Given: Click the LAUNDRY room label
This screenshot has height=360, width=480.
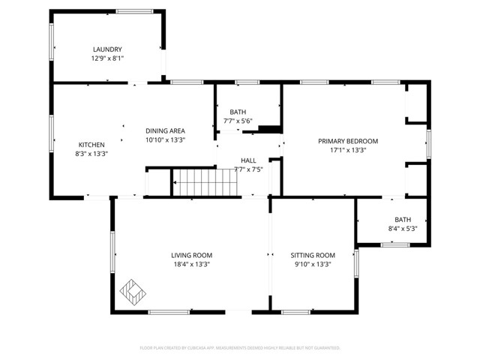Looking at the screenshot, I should pyautogui.click(x=107, y=49).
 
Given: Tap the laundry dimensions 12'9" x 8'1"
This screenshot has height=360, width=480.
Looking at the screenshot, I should pyautogui.click(x=107, y=58).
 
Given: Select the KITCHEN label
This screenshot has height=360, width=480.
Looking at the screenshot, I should pyautogui.click(x=91, y=145).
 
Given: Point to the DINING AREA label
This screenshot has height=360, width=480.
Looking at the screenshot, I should pyautogui.click(x=165, y=130).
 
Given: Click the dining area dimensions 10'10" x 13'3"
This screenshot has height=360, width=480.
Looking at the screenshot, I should pyautogui.click(x=165, y=139).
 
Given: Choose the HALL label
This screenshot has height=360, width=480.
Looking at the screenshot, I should pyautogui.click(x=248, y=160).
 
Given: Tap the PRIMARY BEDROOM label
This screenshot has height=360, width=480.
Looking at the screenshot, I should pyautogui.click(x=347, y=141).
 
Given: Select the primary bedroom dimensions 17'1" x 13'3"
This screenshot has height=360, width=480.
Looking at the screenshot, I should pyautogui.click(x=347, y=150).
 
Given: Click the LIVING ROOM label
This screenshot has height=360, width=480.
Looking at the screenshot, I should pyautogui.click(x=192, y=255).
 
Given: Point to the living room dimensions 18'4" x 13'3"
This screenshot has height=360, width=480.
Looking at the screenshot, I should pyautogui.click(x=192, y=264).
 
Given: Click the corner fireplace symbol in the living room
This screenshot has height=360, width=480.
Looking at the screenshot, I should pyautogui.click(x=133, y=292).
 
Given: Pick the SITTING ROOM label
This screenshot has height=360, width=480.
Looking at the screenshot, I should pyautogui.click(x=312, y=255).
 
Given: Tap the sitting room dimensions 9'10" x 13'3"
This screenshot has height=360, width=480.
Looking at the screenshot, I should pyautogui.click(x=312, y=264).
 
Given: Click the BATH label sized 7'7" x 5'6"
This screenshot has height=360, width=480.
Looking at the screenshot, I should pyautogui.click(x=238, y=112).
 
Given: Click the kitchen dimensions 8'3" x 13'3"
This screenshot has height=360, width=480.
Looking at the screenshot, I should pyautogui.click(x=91, y=154).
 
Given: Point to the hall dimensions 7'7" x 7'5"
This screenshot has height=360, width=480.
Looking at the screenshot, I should pyautogui.click(x=248, y=169).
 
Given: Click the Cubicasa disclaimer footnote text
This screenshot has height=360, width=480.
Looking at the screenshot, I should pyautogui.click(x=240, y=348).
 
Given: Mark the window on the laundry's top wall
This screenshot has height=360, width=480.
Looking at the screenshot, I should pyautogui.click(x=134, y=11).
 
